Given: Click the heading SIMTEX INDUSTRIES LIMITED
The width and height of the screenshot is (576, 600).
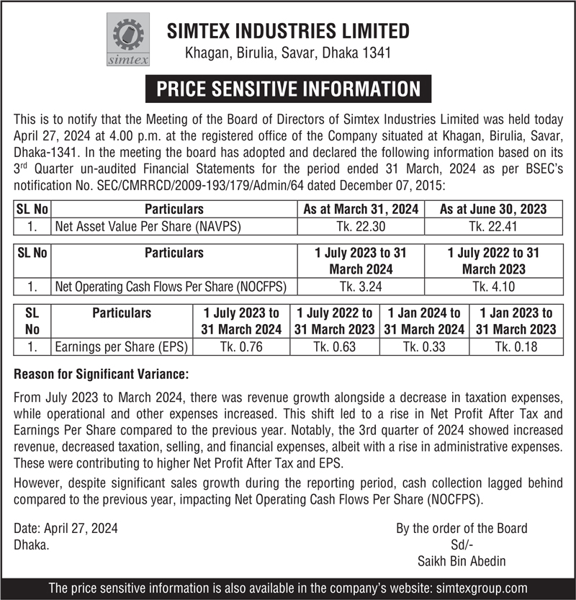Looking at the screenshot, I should click(x=288, y=31).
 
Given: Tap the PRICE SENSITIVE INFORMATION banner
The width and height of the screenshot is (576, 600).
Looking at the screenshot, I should click(x=288, y=89).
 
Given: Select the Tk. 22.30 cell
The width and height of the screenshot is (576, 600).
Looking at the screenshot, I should click(x=361, y=226).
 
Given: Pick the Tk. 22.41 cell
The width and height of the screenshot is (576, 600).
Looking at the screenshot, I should click(x=493, y=226).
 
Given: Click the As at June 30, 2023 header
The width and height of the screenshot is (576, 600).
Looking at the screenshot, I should click(x=493, y=209).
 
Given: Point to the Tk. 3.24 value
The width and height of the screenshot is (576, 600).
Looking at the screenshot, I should click(x=361, y=287).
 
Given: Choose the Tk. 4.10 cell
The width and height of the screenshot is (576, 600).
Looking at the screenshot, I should click(x=493, y=287).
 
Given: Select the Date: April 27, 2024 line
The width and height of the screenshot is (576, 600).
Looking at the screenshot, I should click(x=66, y=528).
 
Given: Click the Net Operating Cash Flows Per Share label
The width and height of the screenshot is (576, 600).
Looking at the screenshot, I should click(x=171, y=287).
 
